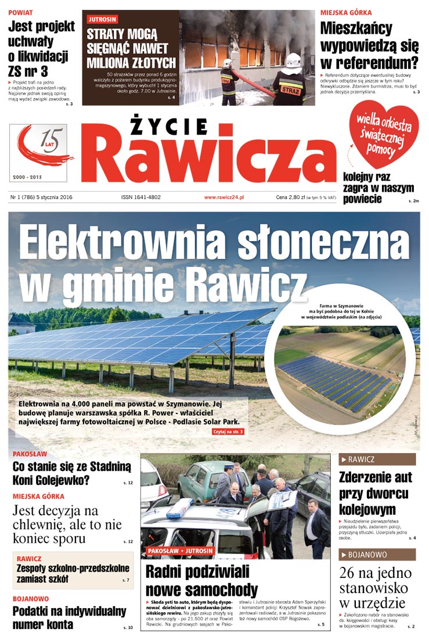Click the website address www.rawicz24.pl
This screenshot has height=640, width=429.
click(x=223, y=197)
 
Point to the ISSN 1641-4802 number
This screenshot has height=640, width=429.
click(x=140, y=197)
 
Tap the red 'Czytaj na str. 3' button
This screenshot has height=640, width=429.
click(x=228, y=432)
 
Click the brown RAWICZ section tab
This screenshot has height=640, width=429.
click(x=377, y=459)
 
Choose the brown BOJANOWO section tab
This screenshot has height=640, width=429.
click(x=377, y=554)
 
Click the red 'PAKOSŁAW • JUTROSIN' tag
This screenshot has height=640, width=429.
click(x=180, y=551)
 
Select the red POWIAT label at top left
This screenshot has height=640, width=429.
click(x=20, y=12)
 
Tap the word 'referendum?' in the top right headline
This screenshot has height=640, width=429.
click(x=369, y=62)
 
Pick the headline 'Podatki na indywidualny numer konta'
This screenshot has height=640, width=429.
click(x=69, y=617)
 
